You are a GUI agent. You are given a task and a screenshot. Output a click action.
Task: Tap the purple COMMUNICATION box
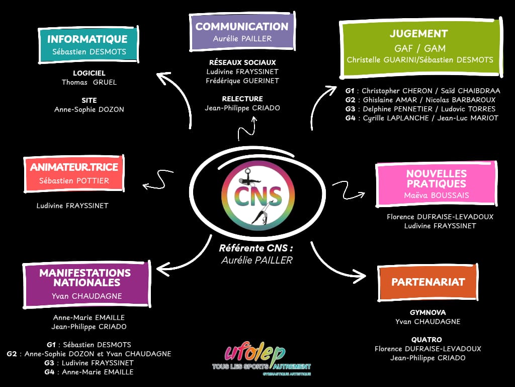coord(242,32)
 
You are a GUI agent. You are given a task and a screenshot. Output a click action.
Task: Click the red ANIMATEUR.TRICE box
coord(73,173)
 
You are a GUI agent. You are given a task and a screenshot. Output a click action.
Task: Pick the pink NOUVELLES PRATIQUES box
coord(436,184)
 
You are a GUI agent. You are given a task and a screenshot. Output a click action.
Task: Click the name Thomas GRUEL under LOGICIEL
coord(89,82)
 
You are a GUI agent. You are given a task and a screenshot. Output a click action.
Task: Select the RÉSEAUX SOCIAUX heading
coord(242,62)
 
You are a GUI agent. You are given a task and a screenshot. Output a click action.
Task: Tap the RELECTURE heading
coord(242,99)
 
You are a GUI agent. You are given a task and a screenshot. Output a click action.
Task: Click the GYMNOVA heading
coord(427,312)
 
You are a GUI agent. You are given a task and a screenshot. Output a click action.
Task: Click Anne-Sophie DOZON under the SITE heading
coord(89,109)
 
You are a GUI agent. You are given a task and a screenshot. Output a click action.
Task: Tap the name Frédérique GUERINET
coord(242,81)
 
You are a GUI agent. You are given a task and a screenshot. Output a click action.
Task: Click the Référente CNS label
coord(256,248)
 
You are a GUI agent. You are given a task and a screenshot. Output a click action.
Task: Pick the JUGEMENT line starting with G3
coord(420,109)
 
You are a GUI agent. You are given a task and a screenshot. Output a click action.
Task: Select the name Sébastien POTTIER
coord(73,180)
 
